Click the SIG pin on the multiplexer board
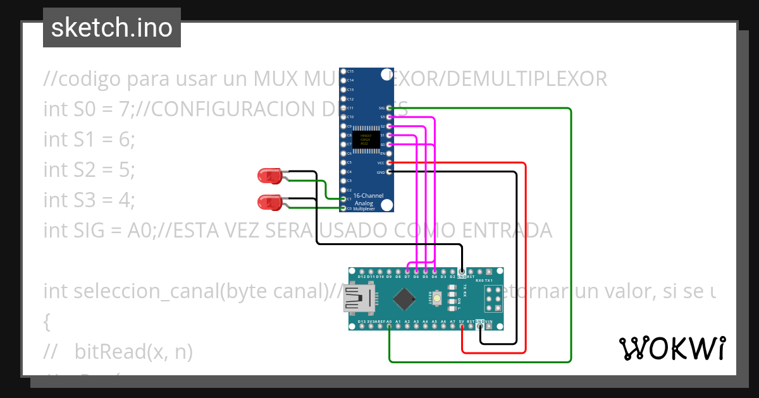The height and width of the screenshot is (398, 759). click(x=390, y=108)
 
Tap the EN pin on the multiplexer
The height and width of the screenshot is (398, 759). click(x=390, y=154)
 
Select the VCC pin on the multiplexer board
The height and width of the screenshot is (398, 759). click(x=390, y=163)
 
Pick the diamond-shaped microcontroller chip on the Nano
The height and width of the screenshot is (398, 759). click(x=404, y=298)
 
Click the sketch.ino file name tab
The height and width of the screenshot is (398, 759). click(x=112, y=28)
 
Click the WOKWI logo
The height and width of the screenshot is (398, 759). click(x=672, y=348)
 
